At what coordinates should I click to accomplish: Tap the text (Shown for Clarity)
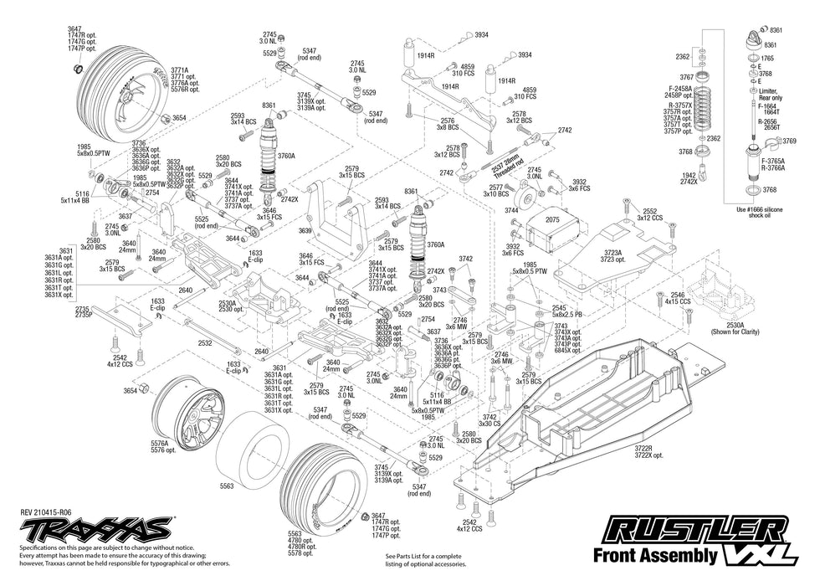click(736, 332)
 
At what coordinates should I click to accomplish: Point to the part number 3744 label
click(511, 210)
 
